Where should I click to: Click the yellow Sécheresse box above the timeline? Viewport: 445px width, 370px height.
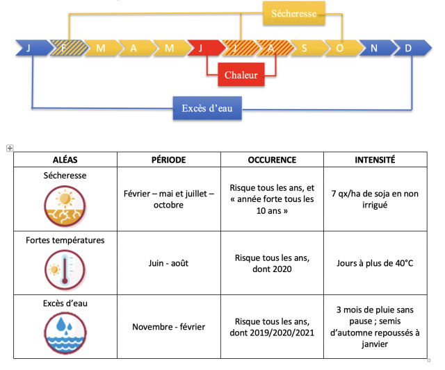pyautogui.click(x=293, y=13)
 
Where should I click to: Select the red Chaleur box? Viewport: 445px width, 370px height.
pyautogui.click(x=241, y=75)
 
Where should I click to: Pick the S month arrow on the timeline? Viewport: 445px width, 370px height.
pyautogui.click(x=305, y=48)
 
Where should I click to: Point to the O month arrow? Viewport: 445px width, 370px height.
pyautogui.click(x=340, y=48)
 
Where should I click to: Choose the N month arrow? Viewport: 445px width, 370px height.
pyautogui.click(x=374, y=48)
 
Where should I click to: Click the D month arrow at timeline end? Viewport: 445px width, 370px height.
pyautogui.click(x=409, y=48)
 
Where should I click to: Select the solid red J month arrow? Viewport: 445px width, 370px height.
pyautogui.click(x=202, y=48)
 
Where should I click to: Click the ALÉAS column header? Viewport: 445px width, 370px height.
pyautogui.click(x=65, y=160)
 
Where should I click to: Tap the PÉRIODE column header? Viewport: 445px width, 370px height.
pyautogui.click(x=168, y=160)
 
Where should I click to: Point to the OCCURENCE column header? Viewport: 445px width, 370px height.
pyautogui.click(x=272, y=160)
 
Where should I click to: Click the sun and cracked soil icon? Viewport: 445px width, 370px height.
pyautogui.click(x=65, y=208)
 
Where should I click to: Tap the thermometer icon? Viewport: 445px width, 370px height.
pyautogui.click(x=65, y=269)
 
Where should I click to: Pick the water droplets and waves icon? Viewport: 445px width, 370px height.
pyautogui.click(x=65, y=330)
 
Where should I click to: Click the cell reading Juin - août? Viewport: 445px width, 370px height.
pyautogui.click(x=168, y=263)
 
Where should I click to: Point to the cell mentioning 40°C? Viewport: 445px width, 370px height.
pyautogui.click(x=375, y=263)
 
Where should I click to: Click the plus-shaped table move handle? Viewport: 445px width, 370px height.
pyautogui.click(x=10, y=147)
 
